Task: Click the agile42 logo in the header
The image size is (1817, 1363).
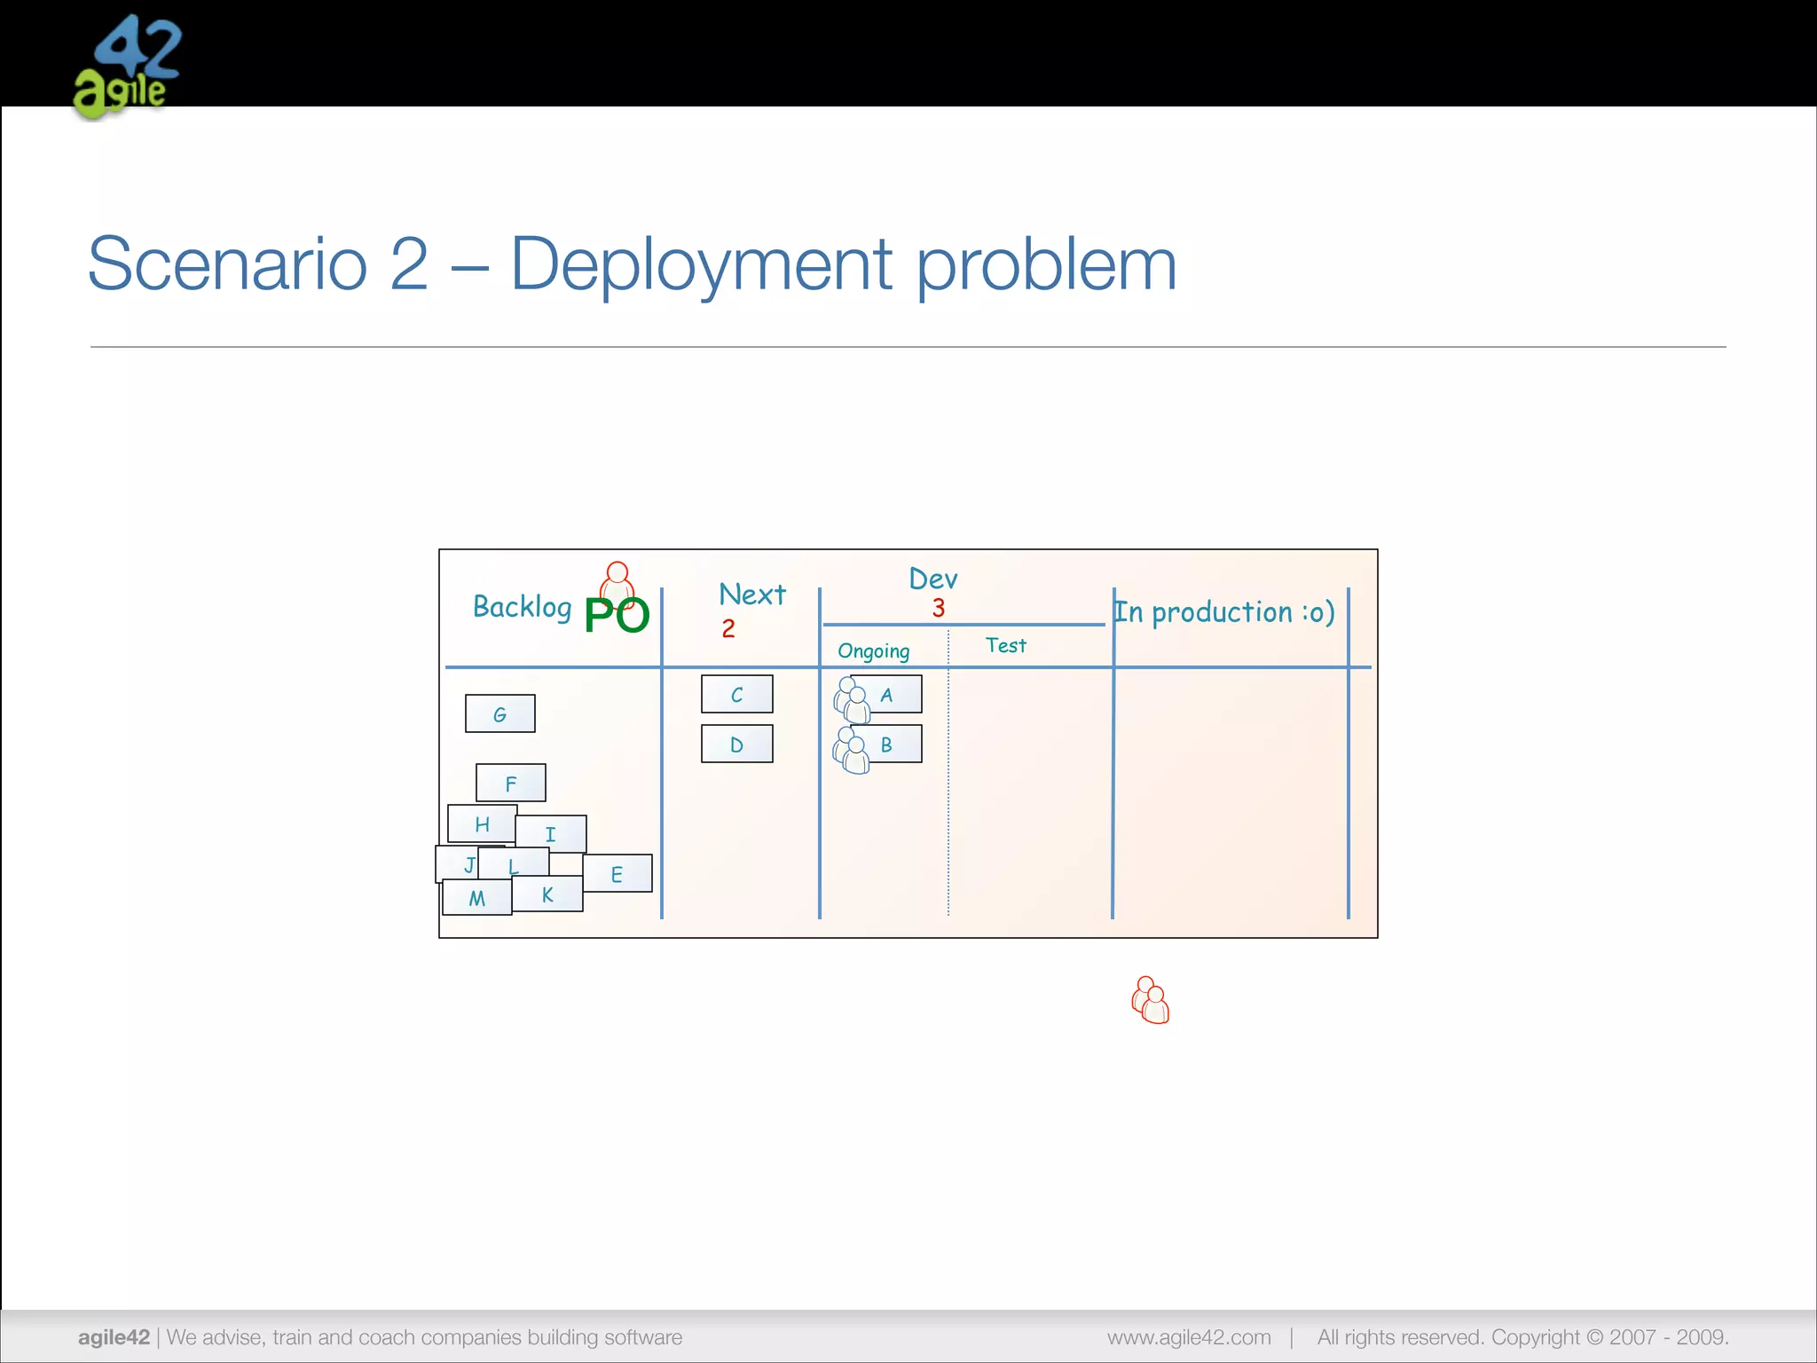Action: (x=128, y=67)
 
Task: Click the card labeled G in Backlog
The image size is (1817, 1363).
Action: (x=500, y=713)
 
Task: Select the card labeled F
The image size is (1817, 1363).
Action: (x=511, y=783)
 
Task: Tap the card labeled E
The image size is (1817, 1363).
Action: (x=617, y=874)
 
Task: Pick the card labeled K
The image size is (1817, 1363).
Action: (x=548, y=894)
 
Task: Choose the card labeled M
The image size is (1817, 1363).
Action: (x=477, y=898)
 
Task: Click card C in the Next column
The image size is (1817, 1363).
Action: (x=736, y=694)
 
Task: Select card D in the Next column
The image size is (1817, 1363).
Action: (x=736, y=744)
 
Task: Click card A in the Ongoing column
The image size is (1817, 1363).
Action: (x=887, y=694)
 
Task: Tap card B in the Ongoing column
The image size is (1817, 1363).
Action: (x=887, y=744)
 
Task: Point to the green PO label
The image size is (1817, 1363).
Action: (x=617, y=615)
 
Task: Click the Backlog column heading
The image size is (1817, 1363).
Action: (x=522, y=607)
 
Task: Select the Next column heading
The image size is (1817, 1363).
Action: (x=752, y=594)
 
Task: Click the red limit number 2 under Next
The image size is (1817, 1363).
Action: (x=728, y=628)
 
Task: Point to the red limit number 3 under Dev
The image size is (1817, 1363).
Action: (x=939, y=608)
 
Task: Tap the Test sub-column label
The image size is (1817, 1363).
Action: (x=1005, y=645)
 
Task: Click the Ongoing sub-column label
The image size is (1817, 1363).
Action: (x=874, y=650)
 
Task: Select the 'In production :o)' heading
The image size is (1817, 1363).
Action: (x=1224, y=611)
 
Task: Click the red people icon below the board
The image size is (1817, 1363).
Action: (x=1151, y=1000)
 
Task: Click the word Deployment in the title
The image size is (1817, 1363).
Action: (x=702, y=265)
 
